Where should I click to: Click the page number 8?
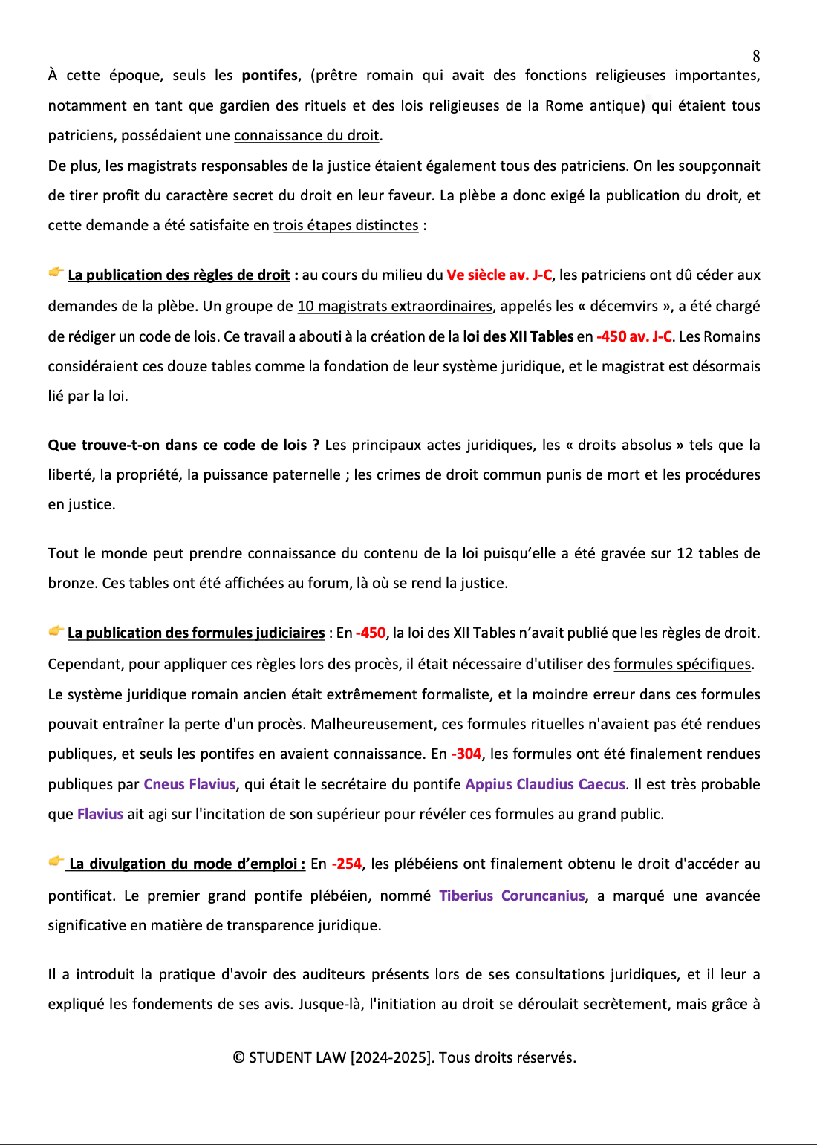(x=756, y=56)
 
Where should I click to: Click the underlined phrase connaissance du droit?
(x=306, y=136)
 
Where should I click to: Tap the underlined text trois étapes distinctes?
(x=345, y=226)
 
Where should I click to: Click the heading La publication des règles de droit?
(x=178, y=275)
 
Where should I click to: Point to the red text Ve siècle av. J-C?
(x=498, y=275)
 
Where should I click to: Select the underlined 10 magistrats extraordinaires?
(x=394, y=307)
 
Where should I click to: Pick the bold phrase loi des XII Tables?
(x=518, y=337)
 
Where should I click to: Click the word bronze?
(x=72, y=584)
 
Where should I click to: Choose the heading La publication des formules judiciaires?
(x=196, y=633)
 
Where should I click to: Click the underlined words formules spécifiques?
(x=682, y=665)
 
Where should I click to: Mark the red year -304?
(x=466, y=754)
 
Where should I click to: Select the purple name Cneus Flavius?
(x=189, y=785)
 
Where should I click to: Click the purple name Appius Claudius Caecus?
(x=545, y=785)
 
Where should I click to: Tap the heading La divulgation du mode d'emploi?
(x=186, y=864)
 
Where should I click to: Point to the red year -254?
(x=347, y=864)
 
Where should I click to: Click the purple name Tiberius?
(x=466, y=896)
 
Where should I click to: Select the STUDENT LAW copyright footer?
(x=404, y=1058)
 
